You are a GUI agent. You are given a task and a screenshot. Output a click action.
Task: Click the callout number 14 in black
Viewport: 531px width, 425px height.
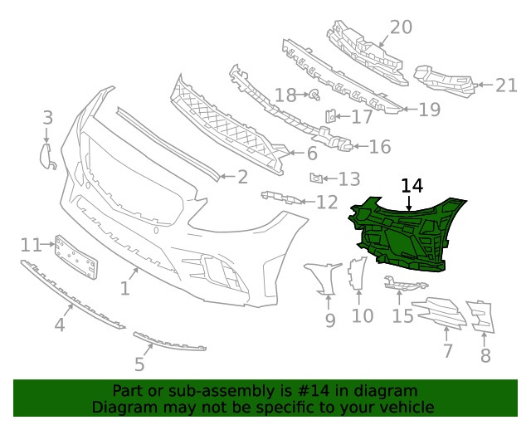(412, 186)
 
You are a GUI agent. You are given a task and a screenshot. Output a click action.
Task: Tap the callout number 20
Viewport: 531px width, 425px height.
(401, 27)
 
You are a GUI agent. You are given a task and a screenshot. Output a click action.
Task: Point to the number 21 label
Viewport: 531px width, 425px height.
(505, 84)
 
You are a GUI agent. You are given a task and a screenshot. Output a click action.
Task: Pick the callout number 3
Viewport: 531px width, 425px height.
(47, 118)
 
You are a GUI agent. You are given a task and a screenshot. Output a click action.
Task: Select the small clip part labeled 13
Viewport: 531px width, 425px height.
(315, 177)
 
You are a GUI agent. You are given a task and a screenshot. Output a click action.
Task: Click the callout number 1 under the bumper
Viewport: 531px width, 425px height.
(124, 289)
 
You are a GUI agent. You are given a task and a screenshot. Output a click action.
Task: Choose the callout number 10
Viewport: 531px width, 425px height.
(363, 315)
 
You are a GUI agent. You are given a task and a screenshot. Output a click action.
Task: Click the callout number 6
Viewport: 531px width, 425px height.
(311, 154)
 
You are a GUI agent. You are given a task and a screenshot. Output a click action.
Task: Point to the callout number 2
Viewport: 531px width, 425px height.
(242, 176)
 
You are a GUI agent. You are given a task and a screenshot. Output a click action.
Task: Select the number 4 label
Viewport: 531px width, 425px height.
(60, 325)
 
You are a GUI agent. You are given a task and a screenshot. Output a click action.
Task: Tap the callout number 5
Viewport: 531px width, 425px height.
(139, 364)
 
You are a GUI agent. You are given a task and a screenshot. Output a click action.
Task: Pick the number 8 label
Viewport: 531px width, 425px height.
(485, 356)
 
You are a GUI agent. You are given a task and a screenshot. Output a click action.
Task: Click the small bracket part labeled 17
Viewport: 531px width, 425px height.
(330, 116)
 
